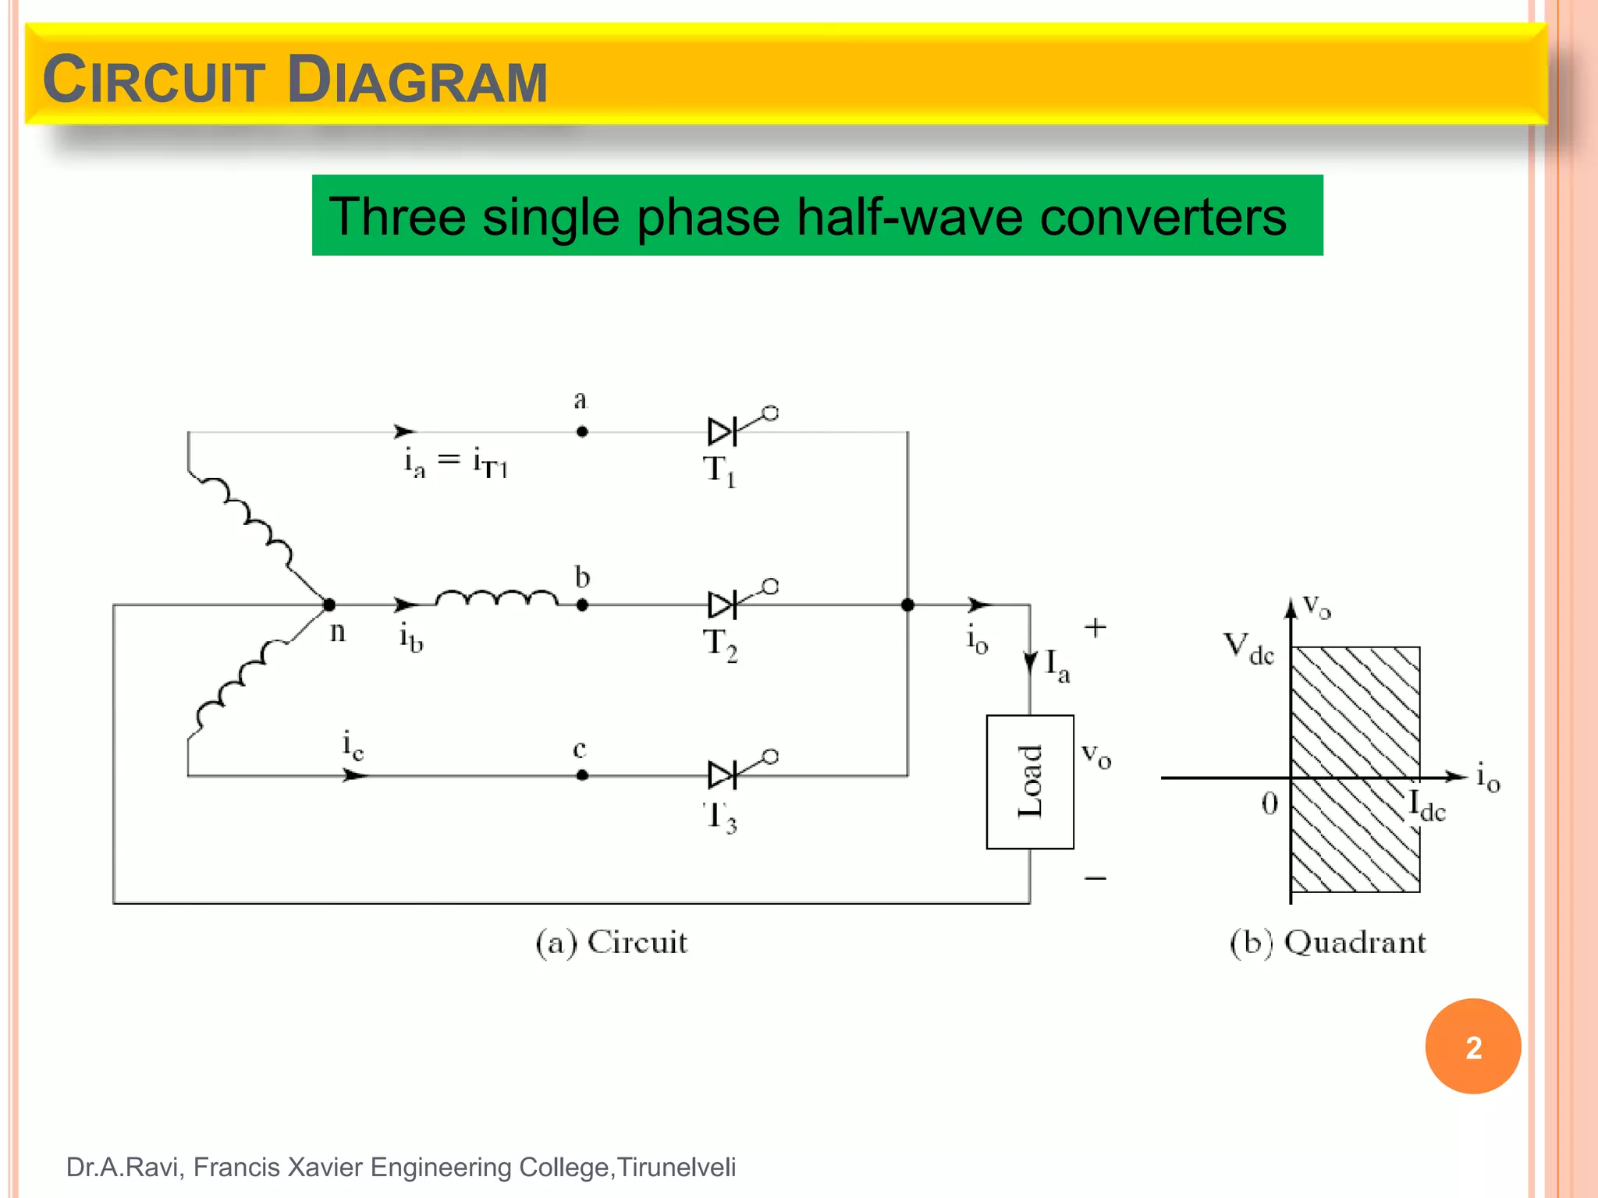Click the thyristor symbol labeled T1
(x=723, y=431)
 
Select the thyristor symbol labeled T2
(x=723, y=604)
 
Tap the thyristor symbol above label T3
(x=723, y=775)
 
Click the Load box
(x=1030, y=782)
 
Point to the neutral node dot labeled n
(x=329, y=604)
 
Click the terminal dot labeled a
(x=582, y=431)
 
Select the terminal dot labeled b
(x=582, y=604)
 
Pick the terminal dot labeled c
(x=582, y=775)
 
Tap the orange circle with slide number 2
(x=1473, y=1047)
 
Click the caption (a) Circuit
(x=611, y=942)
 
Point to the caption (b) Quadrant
(x=1327, y=942)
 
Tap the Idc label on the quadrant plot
(x=1427, y=806)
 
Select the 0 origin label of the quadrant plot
(x=1270, y=803)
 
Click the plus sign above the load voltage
(x=1096, y=628)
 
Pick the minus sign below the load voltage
(x=1096, y=879)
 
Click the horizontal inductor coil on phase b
(x=496, y=598)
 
